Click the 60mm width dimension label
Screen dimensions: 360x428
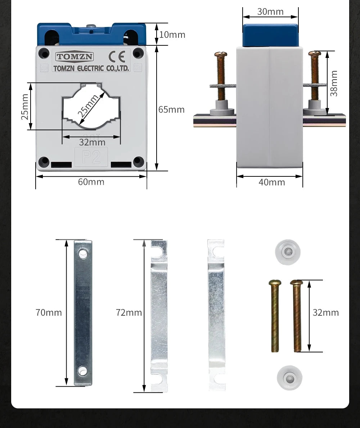click(91, 182)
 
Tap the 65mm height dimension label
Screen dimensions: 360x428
click(171, 109)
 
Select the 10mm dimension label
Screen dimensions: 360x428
click(172, 35)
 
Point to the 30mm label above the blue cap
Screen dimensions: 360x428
click(270, 12)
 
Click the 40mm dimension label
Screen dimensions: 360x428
click(272, 182)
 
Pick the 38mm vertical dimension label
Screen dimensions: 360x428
click(334, 84)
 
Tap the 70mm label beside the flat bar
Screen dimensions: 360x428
click(49, 312)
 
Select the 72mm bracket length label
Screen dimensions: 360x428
click(129, 312)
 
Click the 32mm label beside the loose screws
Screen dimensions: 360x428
click(325, 312)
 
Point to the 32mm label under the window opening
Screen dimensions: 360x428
click(92, 142)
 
